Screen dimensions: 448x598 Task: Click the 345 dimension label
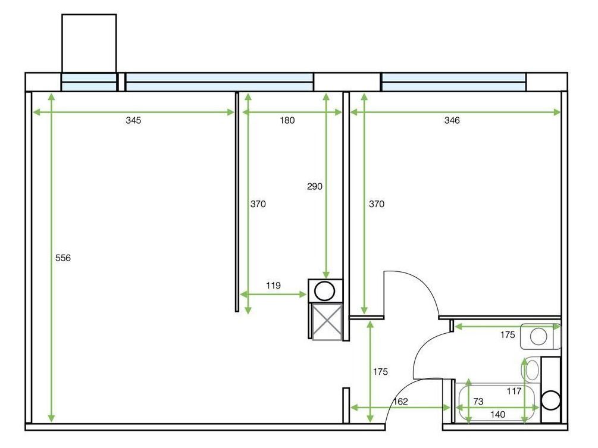(x=133, y=121)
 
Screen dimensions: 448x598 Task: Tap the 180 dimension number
(x=287, y=121)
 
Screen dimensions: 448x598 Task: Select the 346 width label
(x=452, y=121)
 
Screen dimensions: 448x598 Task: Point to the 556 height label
(x=62, y=258)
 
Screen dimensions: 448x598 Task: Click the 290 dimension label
(x=314, y=186)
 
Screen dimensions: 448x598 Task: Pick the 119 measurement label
(x=273, y=286)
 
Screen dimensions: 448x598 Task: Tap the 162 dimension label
(x=400, y=402)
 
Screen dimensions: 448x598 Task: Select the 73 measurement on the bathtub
(x=478, y=402)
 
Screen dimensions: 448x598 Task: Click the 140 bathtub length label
(x=497, y=414)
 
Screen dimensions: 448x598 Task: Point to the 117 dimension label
(x=514, y=391)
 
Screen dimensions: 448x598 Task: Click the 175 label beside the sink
(x=507, y=335)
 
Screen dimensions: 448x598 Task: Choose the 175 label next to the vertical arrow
(x=380, y=371)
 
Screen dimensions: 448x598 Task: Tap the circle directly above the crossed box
(x=325, y=291)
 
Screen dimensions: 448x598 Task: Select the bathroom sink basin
(x=538, y=337)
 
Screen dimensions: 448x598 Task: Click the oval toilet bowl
(x=531, y=370)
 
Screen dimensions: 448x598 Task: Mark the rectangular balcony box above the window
(x=89, y=43)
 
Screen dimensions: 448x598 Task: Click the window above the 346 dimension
(x=453, y=82)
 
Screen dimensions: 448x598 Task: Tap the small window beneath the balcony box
(x=89, y=82)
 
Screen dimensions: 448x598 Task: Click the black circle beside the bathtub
(x=551, y=400)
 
